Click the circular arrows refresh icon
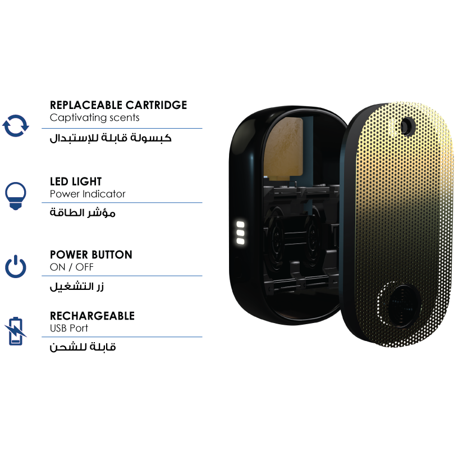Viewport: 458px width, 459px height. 16,126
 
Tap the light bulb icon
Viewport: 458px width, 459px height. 16,196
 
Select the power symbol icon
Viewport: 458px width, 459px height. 16,266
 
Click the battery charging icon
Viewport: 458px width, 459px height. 15,331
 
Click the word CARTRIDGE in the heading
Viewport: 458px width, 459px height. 156,105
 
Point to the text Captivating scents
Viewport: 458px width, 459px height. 94,117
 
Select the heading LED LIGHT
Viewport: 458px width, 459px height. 76,181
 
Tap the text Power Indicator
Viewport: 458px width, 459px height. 88,194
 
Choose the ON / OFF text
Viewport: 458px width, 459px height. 72,267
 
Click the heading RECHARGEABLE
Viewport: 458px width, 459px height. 92,316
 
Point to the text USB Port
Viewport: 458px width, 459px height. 68,328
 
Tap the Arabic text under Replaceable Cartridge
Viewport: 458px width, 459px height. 111,138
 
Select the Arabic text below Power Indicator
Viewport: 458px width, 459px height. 83,212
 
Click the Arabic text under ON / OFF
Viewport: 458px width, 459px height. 77,287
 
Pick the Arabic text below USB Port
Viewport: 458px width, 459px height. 83,347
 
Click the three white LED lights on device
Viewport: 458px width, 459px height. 240,233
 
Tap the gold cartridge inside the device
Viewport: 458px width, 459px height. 283,148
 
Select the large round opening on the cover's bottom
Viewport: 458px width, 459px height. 403,306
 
